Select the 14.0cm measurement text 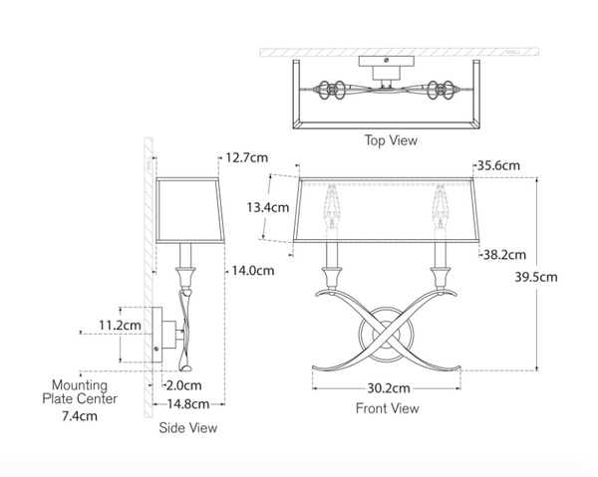click(253, 270)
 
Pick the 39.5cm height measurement click(537, 277)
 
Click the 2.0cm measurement click(185, 385)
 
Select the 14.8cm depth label click(187, 404)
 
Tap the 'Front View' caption click(387, 408)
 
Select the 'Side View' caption click(187, 428)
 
